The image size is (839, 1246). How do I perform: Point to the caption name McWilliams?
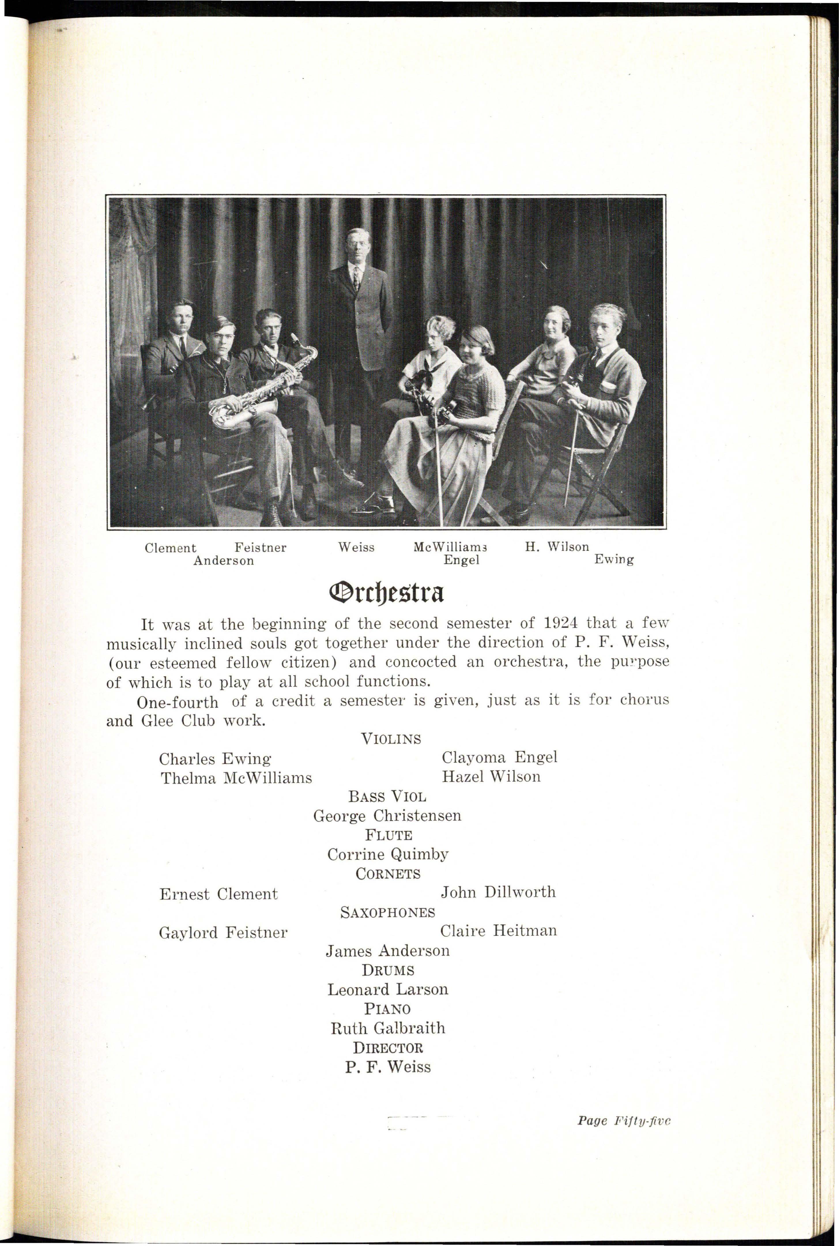(450, 547)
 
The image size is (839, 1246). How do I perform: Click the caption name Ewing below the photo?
(614, 560)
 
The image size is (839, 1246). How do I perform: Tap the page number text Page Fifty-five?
(623, 1121)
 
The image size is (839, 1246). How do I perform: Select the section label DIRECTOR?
(388, 1047)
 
